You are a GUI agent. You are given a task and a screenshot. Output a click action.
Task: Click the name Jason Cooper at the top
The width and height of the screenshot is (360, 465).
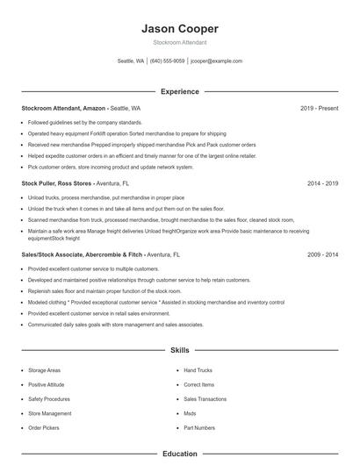pyautogui.click(x=179, y=29)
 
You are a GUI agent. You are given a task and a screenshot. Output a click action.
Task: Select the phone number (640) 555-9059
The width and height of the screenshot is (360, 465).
pyautogui.click(x=167, y=61)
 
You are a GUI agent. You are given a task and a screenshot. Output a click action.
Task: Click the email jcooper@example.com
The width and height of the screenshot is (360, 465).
pyautogui.click(x=216, y=61)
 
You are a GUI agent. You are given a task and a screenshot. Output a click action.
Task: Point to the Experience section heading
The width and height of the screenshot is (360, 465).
pyautogui.click(x=179, y=91)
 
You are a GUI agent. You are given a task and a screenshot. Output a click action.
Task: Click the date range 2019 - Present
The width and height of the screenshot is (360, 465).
pyautogui.click(x=319, y=108)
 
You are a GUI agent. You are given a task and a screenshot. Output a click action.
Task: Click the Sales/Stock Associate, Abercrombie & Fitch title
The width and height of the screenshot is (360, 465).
pyautogui.click(x=83, y=254)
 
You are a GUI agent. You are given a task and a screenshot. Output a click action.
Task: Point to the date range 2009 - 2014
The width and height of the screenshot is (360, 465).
pyautogui.click(x=323, y=254)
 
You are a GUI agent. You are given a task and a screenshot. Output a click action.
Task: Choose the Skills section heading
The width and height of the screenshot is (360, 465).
pyautogui.click(x=179, y=350)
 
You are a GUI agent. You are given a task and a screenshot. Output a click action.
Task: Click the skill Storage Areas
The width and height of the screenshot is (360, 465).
pyautogui.click(x=44, y=370)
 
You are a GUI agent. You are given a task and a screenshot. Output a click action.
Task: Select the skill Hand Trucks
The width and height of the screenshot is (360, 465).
pyautogui.click(x=198, y=370)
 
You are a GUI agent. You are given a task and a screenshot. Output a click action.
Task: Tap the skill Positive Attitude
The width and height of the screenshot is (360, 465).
pyautogui.click(x=47, y=384)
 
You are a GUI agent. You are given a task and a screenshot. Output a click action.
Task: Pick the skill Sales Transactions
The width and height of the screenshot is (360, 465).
pyautogui.click(x=205, y=398)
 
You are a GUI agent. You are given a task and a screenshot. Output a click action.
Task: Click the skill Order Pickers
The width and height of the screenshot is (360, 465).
pyautogui.click(x=43, y=427)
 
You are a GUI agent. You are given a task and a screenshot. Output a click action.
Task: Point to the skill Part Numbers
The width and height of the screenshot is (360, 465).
pyautogui.click(x=199, y=427)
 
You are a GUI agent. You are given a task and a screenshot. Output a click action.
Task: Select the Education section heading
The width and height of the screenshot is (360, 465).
pyautogui.click(x=179, y=454)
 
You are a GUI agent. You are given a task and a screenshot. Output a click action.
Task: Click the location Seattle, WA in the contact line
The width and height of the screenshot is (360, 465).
pyautogui.click(x=130, y=61)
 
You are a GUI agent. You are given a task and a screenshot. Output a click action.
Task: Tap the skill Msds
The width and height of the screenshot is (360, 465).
pyautogui.click(x=190, y=413)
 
